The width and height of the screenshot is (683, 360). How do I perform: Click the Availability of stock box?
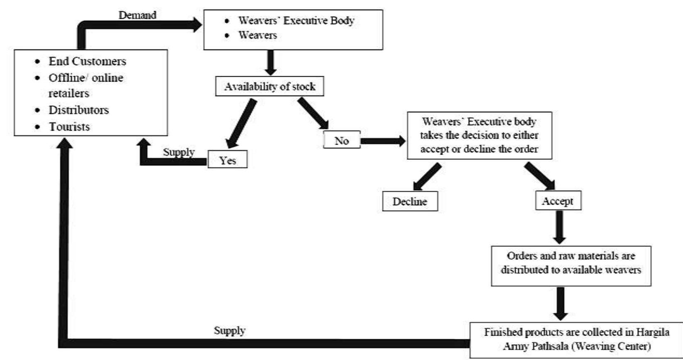270,87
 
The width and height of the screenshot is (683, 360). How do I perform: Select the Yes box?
227,160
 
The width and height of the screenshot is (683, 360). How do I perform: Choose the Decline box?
410,202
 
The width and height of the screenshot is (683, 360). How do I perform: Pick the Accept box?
558,201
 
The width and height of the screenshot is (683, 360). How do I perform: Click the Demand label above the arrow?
137,15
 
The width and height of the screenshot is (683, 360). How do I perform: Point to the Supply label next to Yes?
178,152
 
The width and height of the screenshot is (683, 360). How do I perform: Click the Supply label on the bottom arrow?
229,331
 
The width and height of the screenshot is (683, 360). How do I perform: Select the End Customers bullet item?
87,61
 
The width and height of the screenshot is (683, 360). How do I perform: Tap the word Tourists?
69,126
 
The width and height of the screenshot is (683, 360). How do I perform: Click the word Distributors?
79,110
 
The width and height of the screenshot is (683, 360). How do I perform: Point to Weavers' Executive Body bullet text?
296,21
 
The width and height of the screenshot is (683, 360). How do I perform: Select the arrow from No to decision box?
382,141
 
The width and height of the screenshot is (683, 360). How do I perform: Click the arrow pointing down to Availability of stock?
271,62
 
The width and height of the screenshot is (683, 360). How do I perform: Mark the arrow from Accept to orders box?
559,227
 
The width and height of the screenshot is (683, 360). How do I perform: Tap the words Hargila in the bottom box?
653,332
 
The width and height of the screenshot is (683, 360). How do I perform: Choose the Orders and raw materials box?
571,263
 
